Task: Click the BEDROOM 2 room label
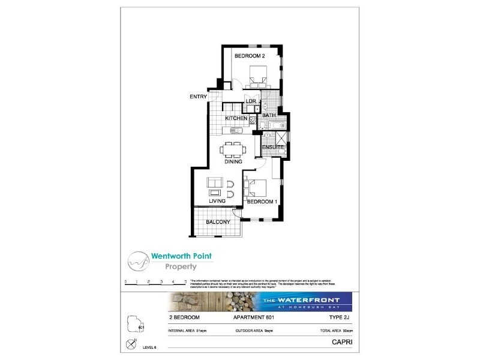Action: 250,56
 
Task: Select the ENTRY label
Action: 198,97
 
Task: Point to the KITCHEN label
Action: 236,119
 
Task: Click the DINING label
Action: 233,162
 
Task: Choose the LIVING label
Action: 217,201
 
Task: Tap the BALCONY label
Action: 218,222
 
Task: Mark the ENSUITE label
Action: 272,146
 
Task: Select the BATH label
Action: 269,115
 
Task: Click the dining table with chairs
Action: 233,148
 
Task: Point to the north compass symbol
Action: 132,344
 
